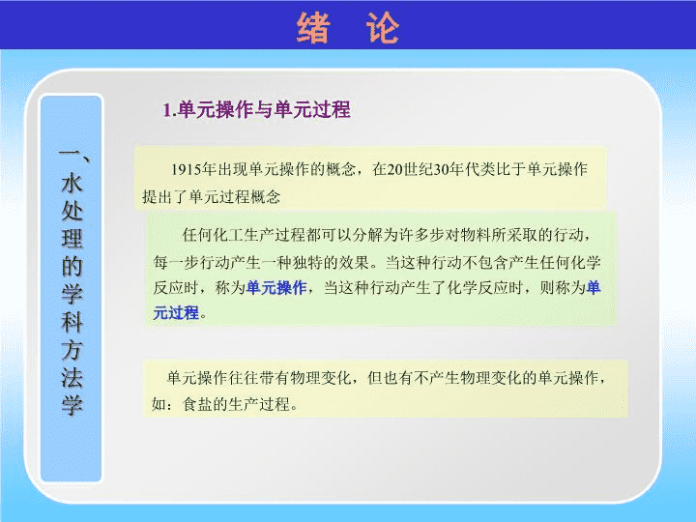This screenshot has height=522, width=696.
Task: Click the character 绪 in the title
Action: click(x=313, y=27)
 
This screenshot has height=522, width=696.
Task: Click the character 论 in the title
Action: click(x=383, y=27)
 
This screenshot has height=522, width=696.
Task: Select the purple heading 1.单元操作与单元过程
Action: click(x=256, y=109)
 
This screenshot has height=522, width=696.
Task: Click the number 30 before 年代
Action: click(x=443, y=169)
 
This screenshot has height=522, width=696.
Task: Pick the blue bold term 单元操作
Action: click(x=276, y=288)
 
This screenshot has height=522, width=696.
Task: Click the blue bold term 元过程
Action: click(x=176, y=313)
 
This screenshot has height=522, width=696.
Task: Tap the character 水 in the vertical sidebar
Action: click(x=72, y=183)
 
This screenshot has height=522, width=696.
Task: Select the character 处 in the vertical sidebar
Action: click(x=72, y=211)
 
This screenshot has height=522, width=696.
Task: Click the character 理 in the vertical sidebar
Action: click(x=72, y=239)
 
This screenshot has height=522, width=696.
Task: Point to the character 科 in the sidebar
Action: click(x=72, y=321)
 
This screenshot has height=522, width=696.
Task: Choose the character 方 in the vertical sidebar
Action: click(x=72, y=349)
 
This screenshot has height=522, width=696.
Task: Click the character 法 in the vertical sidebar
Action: click(x=72, y=377)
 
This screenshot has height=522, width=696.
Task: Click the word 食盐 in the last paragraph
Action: click(x=198, y=404)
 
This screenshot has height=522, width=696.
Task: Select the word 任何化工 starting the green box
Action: click(x=213, y=235)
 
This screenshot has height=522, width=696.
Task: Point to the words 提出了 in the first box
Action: click(x=165, y=196)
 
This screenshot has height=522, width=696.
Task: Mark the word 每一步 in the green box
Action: click(x=176, y=262)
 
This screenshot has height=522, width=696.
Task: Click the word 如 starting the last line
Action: click(x=159, y=404)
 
